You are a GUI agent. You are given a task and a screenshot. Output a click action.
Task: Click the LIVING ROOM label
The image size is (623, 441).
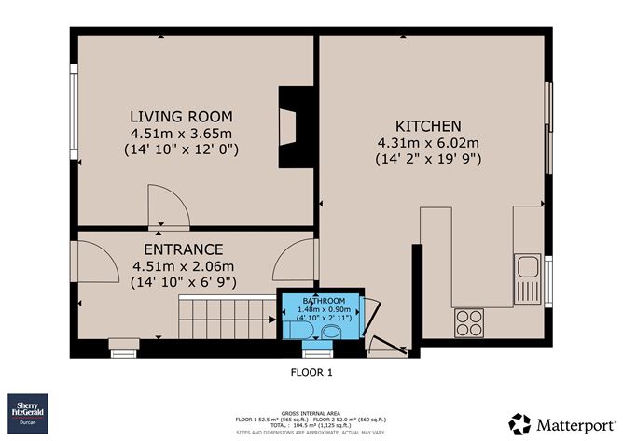(x=180, y=116)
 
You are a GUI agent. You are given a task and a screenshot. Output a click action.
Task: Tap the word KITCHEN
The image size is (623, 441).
(x=428, y=126)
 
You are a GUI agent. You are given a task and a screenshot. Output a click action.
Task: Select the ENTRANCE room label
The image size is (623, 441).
(x=183, y=249)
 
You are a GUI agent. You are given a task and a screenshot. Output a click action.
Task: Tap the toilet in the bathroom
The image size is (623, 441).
(x=330, y=333)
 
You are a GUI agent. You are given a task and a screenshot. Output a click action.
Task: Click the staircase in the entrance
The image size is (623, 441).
(x=224, y=319)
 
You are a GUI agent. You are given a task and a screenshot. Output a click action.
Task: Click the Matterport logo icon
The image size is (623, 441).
(x=519, y=422)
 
